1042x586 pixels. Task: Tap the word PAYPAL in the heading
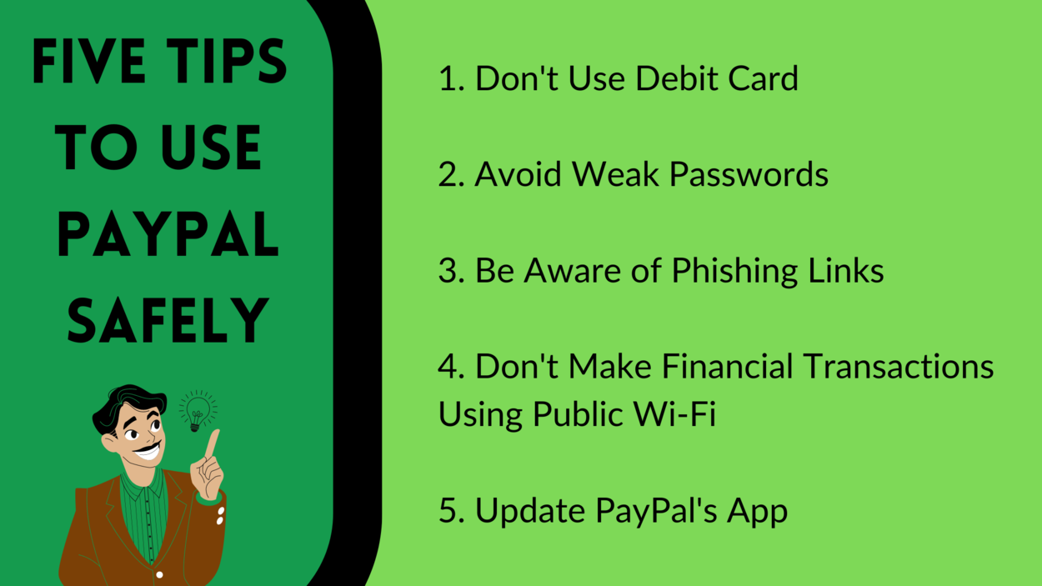(x=168, y=234)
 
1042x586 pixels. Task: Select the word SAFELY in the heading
(x=168, y=321)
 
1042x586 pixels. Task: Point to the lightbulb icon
(x=198, y=409)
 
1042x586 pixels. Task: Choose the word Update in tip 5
(x=535, y=511)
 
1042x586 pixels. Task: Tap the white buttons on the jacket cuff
(x=221, y=516)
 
